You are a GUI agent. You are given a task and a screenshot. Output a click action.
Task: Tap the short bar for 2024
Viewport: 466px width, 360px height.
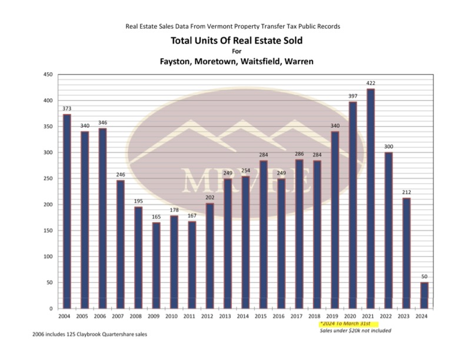click(424, 295)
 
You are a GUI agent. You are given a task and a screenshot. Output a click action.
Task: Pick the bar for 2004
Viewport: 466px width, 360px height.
click(67, 211)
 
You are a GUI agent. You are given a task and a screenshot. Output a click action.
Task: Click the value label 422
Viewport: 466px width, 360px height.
click(371, 84)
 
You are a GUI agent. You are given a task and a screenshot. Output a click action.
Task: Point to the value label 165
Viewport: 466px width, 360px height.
click(156, 217)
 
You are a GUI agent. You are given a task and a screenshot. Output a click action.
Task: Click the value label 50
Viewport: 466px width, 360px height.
click(424, 277)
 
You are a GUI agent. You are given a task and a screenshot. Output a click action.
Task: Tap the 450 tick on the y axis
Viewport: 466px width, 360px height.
click(48, 75)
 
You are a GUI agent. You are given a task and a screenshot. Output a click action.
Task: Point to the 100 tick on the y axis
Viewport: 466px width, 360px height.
click(48, 256)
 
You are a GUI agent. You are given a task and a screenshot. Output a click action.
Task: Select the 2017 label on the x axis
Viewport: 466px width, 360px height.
click(299, 316)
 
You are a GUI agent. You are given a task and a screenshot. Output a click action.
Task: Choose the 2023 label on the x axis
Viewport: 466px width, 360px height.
click(406, 316)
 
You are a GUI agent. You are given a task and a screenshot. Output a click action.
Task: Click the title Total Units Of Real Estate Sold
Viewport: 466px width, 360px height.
click(232, 41)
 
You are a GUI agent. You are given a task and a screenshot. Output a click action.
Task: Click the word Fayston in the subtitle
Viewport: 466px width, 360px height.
click(177, 61)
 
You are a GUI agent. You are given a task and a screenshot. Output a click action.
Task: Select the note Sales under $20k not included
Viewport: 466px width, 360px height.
click(355, 331)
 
